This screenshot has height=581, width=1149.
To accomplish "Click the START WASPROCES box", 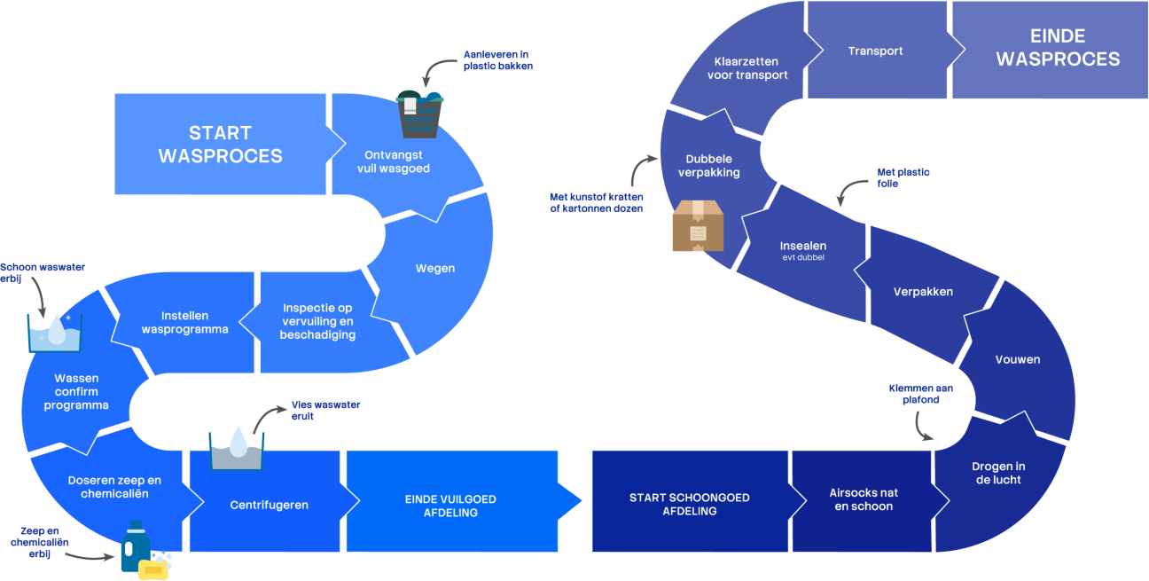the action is pyautogui.click(x=221, y=145).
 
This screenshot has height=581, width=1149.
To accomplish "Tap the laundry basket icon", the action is pyautogui.click(x=419, y=114).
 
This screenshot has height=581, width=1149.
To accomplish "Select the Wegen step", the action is pyautogui.click(x=435, y=269).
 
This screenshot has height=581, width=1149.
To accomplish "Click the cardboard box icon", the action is pyautogui.click(x=698, y=226).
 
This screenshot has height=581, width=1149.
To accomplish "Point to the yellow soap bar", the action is pyautogui.click(x=153, y=569).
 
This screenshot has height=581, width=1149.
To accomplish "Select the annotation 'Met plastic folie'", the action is pyautogui.click(x=903, y=178).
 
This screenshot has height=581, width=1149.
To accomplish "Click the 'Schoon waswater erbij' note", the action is pyautogui.click(x=43, y=273).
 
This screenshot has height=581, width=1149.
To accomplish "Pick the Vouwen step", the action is pyautogui.click(x=1018, y=360).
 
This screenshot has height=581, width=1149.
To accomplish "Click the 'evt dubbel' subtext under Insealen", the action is pyautogui.click(x=803, y=257).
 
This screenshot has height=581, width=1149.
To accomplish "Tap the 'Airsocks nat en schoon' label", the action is pyautogui.click(x=864, y=500).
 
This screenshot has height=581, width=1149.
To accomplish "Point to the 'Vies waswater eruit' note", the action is pyautogui.click(x=325, y=411).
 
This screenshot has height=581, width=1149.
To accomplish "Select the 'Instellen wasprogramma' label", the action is pyautogui.click(x=184, y=323).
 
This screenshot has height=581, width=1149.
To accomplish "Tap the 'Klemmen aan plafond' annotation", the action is pyautogui.click(x=921, y=394).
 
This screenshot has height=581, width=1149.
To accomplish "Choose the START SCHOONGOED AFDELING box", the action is pyautogui.click(x=690, y=505).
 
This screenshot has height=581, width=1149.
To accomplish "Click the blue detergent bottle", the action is pyautogui.click(x=135, y=546).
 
